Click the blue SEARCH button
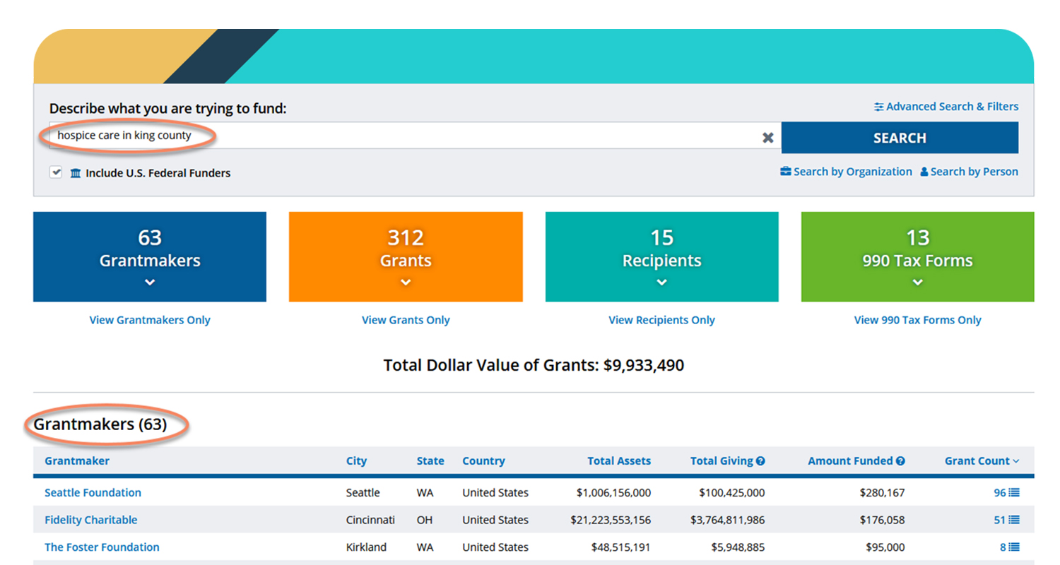coord(899,138)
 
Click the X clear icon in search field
coord(768,138)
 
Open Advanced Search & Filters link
coord(946,107)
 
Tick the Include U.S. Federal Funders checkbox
coord(56,172)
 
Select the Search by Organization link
coord(846,172)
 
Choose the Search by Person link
coord(969,172)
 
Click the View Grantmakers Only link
coord(150,320)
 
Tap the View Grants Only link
coord(406,320)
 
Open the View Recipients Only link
coord(661,320)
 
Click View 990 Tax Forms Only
coord(917,320)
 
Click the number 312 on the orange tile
coord(406,237)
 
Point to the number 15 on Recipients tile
coord(661,237)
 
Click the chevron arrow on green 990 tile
coord(917,282)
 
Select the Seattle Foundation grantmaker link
coord(93,493)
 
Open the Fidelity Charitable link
coord(91,520)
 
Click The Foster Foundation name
coord(102,547)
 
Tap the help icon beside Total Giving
coord(760,461)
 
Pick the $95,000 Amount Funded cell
coord(885,547)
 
